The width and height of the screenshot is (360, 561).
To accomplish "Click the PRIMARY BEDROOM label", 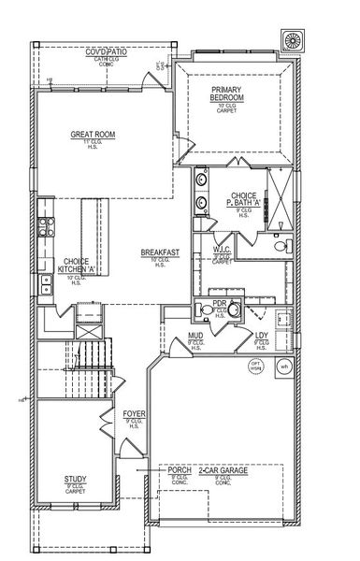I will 227,94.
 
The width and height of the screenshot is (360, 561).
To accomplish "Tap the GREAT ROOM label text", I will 93,135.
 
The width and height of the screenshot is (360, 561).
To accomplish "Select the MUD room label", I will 195,337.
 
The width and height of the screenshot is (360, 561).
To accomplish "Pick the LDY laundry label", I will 262,337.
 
